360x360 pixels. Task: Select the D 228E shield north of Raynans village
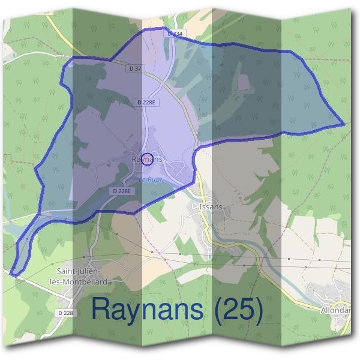tap(146, 103)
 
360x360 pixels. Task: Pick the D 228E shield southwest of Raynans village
tap(122, 191)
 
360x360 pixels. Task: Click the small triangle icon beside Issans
tap(194, 206)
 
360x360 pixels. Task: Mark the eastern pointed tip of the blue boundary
tap(344, 124)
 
